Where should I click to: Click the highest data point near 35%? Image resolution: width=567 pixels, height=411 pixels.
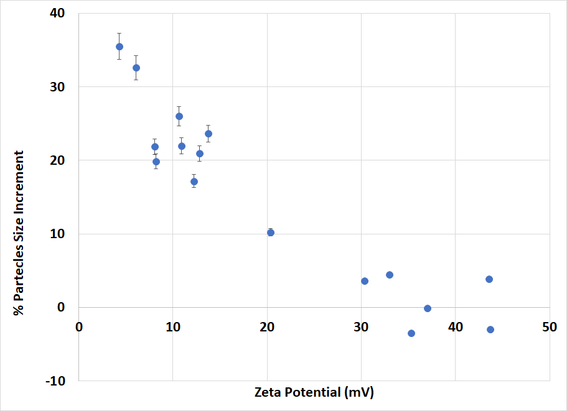click(x=119, y=47)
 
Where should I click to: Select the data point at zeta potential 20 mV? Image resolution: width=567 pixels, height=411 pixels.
click(x=271, y=233)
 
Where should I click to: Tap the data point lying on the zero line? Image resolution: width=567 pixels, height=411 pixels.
click(x=428, y=308)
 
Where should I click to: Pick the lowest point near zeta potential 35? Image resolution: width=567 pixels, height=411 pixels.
click(x=411, y=333)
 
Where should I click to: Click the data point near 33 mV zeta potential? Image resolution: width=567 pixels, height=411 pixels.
click(x=390, y=275)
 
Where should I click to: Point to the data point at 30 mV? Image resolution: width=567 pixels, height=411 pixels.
click(x=365, y=281)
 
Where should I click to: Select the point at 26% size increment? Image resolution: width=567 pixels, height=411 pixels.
click(x=179, y=116)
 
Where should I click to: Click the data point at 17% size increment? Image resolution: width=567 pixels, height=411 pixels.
click(x=194, y=182)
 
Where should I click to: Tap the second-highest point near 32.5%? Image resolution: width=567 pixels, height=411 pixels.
click(x=136, y=68)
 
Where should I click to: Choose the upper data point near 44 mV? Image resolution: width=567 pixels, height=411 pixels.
click(x=489, y=279)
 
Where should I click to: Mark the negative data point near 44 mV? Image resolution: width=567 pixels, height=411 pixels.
click(x=490, y=330)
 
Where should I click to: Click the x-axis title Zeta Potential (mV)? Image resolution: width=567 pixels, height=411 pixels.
click(x=314, y=393)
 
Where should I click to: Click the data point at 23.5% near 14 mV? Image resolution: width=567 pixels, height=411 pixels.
click(x=209, y=134)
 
